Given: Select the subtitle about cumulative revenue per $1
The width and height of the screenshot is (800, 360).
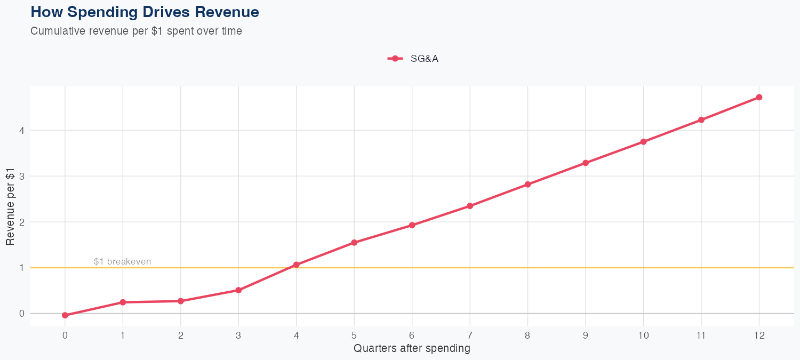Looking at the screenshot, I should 137,31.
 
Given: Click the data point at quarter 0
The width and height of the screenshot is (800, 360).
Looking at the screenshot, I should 65,315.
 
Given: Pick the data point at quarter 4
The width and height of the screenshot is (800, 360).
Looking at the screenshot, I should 297,265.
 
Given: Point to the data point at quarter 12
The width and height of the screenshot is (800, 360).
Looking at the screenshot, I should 759,97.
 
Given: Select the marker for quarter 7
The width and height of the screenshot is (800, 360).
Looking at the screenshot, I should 470,206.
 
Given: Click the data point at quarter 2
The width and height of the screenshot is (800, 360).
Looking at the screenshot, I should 181,301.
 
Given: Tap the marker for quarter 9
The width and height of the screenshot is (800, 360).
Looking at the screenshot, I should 586,163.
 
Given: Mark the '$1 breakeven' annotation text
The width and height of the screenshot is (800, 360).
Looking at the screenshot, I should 122,262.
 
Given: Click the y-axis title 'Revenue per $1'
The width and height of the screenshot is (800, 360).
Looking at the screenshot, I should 10,211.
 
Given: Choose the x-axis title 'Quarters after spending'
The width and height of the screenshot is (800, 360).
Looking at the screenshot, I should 412,349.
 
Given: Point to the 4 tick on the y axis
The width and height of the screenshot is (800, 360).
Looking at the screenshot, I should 22,130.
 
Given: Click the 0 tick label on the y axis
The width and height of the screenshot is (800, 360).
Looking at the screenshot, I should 22,314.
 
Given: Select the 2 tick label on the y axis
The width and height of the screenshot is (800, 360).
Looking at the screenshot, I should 22,222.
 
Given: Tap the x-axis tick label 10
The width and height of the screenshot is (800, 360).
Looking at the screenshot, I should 643,335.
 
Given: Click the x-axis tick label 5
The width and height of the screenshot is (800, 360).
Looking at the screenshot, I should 354,335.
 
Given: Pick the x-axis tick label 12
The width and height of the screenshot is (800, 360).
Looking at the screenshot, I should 759,335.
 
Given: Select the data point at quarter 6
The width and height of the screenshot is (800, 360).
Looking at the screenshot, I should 412,225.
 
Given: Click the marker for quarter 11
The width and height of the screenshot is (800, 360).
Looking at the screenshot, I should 701,120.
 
